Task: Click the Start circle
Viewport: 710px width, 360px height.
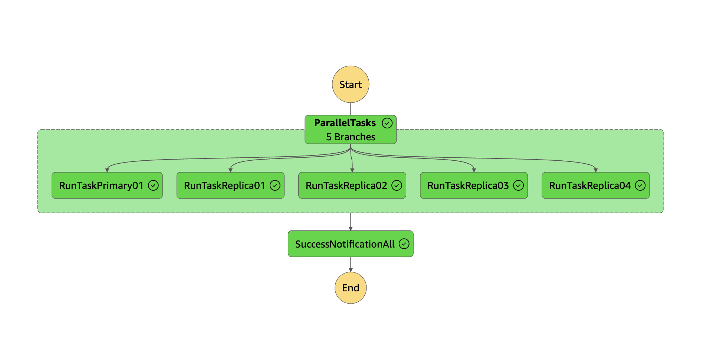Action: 351,84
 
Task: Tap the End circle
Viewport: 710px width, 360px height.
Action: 351,288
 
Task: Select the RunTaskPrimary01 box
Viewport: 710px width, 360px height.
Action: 101,185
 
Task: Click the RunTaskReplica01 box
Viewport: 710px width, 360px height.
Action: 224,185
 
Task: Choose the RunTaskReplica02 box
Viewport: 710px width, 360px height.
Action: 346,185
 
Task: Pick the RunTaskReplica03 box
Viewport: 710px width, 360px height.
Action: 468,185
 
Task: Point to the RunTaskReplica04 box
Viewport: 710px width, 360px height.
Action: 589,185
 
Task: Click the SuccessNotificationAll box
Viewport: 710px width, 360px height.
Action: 345,244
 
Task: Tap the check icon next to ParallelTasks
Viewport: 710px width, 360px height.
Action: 387,123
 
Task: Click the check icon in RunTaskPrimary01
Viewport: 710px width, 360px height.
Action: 153,185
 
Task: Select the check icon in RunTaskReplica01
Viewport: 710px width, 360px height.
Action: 275,185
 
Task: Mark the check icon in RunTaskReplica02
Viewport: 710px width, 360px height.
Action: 397,185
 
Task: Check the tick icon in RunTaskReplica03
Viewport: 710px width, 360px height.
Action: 518,185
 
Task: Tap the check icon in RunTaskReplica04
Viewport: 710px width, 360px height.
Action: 640,185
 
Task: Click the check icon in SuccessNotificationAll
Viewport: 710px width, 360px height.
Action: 404,243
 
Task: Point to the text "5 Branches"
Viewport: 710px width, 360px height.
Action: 351,137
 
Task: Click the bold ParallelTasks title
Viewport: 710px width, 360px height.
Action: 345,123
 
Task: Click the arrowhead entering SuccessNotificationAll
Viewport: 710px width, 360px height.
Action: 351,229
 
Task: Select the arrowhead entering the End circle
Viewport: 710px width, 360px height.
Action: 351,270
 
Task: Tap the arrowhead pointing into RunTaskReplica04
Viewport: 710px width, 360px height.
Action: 595,170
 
